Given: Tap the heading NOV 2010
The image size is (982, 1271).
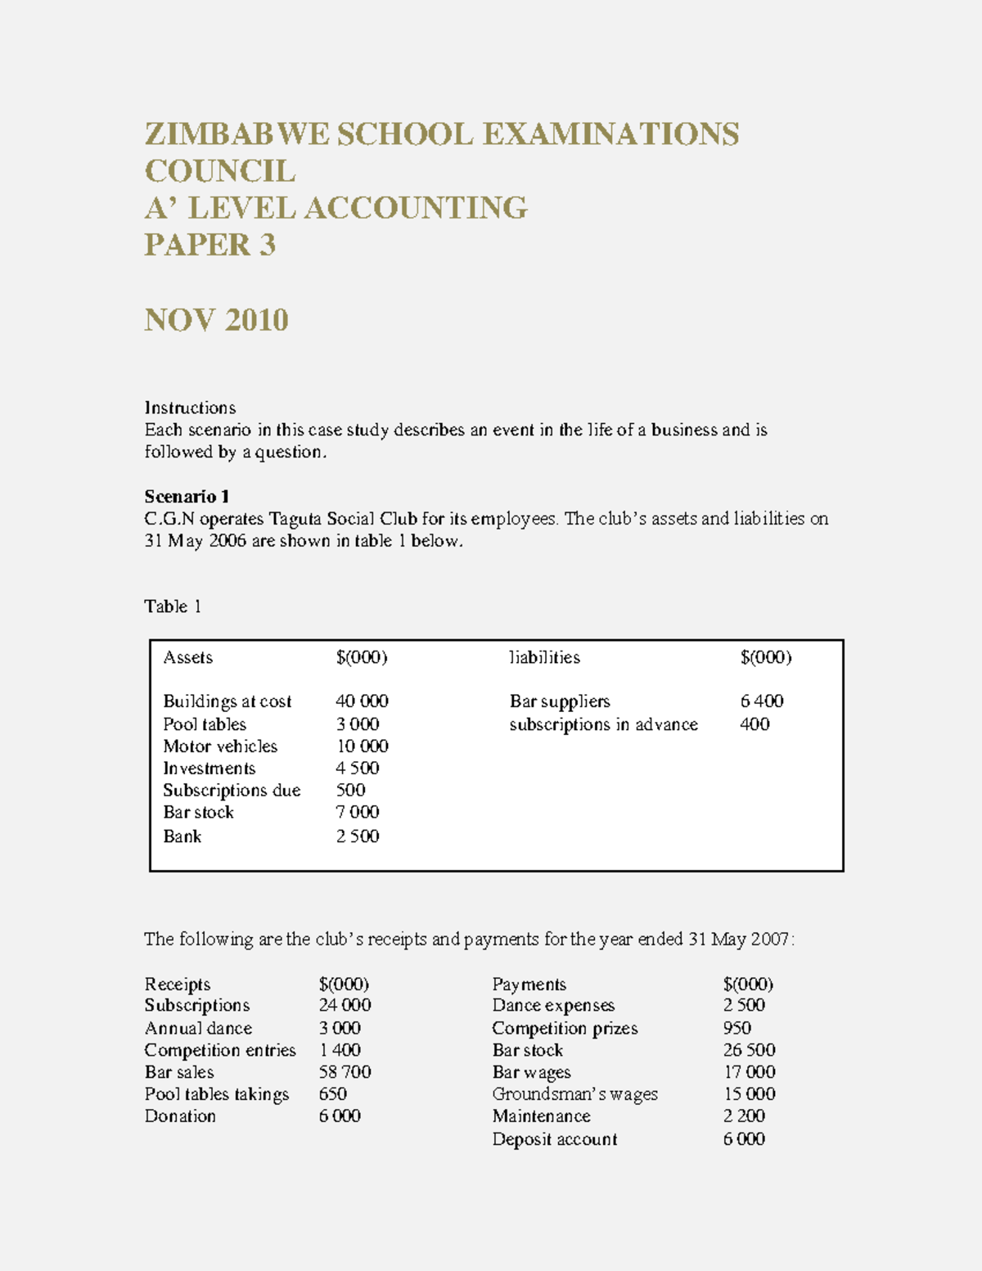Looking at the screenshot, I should click(216, 320).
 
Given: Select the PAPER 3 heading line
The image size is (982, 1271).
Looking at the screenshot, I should click(209, 245).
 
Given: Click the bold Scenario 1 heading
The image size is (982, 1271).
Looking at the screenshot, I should click(187, 497).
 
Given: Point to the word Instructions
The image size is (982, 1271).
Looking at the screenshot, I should click(190, 408).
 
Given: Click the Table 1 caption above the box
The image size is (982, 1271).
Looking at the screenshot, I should click(173, 606).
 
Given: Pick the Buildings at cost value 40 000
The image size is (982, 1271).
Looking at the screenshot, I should click(362, 701).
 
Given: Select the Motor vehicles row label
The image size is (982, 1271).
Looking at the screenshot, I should click(220, 746).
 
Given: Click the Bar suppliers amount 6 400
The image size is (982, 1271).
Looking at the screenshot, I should click(761, 701).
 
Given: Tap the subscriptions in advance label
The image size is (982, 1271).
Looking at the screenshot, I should click(603, 724).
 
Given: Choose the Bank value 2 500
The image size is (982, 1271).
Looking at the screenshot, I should click(358, 836).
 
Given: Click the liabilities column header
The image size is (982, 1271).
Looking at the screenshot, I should click(544, 657).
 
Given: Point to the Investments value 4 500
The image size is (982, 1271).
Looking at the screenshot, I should click(358, 768).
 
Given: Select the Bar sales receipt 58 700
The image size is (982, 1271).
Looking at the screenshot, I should click(345, 1072).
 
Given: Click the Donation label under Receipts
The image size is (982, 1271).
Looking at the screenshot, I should click(180, 1116).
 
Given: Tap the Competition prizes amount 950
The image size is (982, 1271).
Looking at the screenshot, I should click(736, 1028).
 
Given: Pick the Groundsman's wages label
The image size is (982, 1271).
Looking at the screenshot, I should click(574, 1094).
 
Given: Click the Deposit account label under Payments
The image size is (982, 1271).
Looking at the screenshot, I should click(554, 1139).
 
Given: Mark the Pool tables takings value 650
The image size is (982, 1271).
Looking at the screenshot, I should click(332, 1094).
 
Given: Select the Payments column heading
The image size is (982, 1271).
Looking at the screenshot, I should click(529, 984).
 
